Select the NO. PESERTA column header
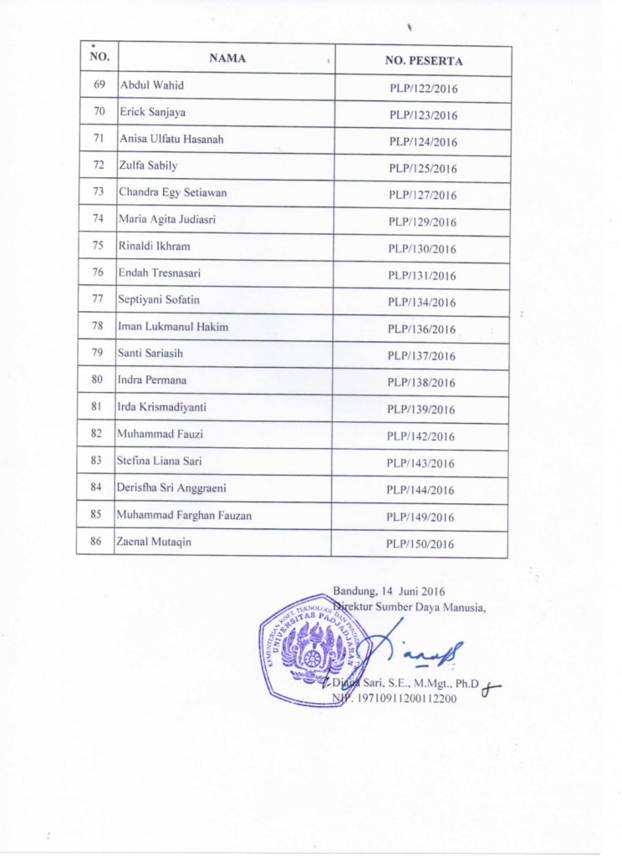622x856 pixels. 424,61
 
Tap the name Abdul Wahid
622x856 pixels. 152,85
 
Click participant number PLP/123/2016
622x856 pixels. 423,115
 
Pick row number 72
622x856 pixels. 99,166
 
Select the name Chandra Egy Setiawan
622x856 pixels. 172,192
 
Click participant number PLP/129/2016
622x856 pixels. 422,222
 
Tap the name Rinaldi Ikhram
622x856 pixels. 155,246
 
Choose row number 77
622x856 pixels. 98,300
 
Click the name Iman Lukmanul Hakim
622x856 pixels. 173,326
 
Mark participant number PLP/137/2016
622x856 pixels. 421,356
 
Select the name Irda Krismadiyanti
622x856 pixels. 162,406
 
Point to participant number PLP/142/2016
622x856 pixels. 421,436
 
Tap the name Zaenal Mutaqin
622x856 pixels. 155,542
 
